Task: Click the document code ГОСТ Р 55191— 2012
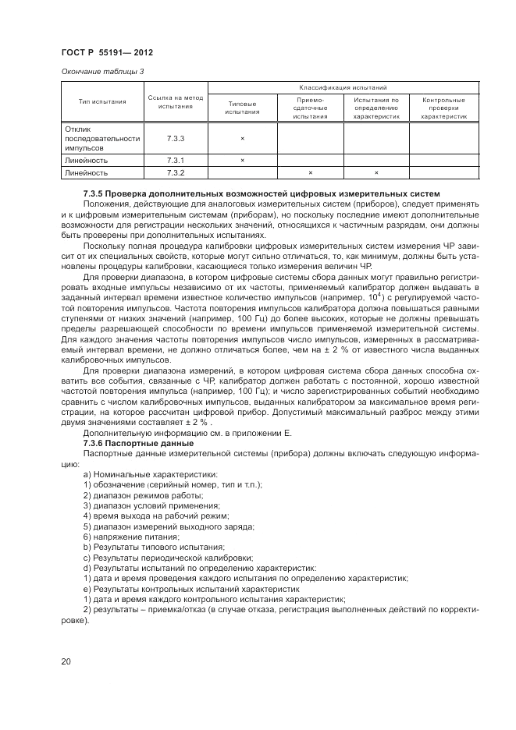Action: click(x=106, y=53)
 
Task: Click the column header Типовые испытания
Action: click(x=242, y=107)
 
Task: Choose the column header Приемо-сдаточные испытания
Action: click(x=310, y=108)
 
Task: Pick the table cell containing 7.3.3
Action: click(x=175, y=138)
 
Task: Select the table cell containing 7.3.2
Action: click(x=175, y=172)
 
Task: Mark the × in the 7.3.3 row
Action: click(x=242, y=138)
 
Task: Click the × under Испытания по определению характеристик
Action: click(x=376, y=172)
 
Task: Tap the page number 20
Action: click(x=66, y=661)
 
